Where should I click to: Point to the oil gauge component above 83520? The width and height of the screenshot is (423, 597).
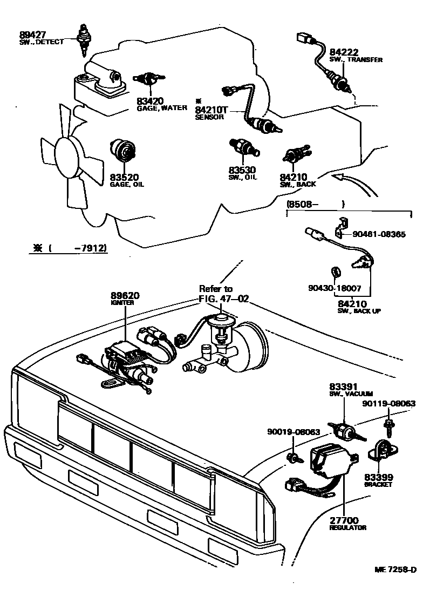click(x=124, y=152)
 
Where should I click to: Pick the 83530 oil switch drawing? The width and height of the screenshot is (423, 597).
click(x=244, y=146)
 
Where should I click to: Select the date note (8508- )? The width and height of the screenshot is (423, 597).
click(x=315, y=205)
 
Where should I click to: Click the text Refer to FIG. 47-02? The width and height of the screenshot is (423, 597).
click(x=223, y=294)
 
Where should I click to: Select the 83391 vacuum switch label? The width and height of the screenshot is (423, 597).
click(x=344, y=390)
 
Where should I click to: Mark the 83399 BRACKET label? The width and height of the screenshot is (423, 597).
click(x=378, y=480)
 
